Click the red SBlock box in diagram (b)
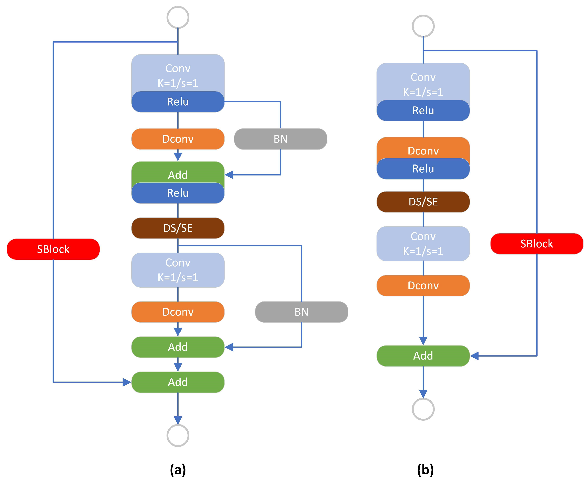point(536,244)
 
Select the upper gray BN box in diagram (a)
point(280,139)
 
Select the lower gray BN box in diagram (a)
point(302,312)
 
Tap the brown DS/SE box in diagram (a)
point(178,228)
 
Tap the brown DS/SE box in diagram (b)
point(423,202)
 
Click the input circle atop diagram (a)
point(178,17)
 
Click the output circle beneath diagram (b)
point(423,409)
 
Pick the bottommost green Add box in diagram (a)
point(178,382)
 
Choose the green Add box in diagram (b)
point(423,356)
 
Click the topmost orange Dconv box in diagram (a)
point(178,139)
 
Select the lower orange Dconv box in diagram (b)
point(423,285)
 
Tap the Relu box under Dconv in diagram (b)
point(423,169)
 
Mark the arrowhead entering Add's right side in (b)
point(474,356)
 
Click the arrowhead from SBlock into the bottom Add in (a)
point(127,382)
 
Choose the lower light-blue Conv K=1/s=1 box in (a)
point(178,270)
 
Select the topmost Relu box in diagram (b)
point(423,110)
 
